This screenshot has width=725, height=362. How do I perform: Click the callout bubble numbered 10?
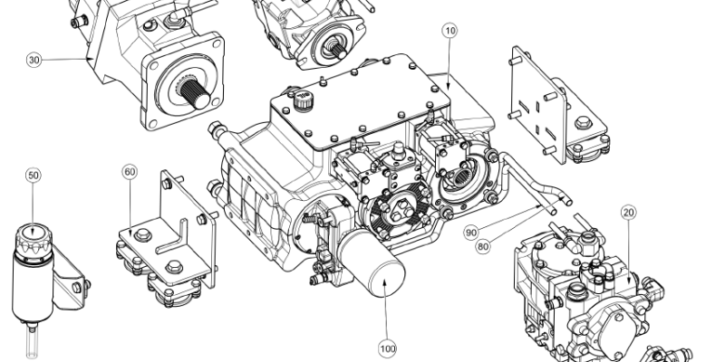450,30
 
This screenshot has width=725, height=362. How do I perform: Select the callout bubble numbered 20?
628,212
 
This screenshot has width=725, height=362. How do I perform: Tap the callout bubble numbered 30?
34,60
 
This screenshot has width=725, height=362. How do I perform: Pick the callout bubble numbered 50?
34,175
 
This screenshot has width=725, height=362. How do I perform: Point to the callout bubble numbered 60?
130,171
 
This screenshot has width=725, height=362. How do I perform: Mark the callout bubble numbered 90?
472,233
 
